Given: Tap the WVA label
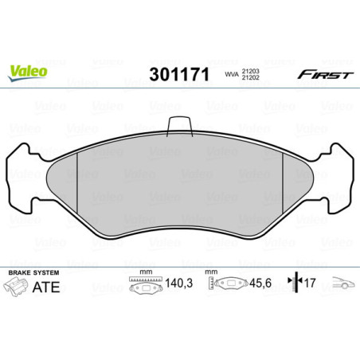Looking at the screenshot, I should pyautogui.click(x=230, y=75).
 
